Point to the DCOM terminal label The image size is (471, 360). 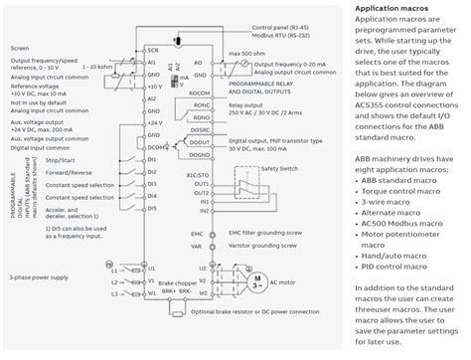(x=154, y=147)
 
